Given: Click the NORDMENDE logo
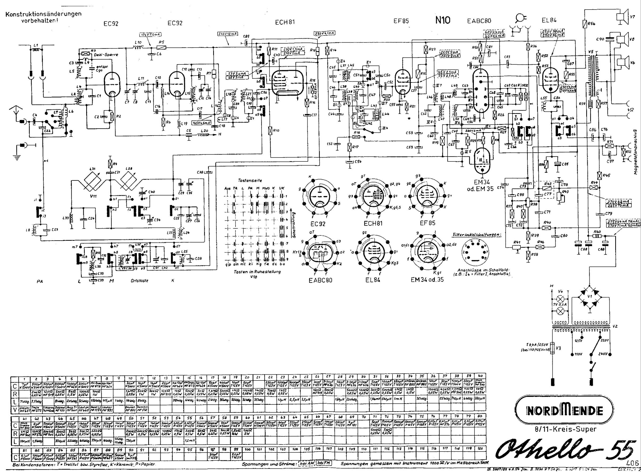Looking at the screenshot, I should (x=564, y=411).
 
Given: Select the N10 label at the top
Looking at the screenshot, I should (x=443, y=20).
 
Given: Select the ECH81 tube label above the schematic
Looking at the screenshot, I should (x=285, y=22).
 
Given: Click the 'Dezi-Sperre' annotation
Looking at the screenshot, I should (x=108, y=55).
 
